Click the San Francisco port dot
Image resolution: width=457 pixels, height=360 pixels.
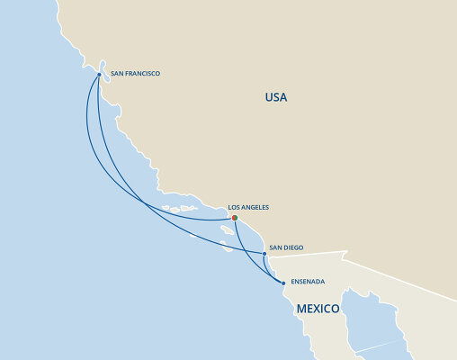click(x=98, y=75)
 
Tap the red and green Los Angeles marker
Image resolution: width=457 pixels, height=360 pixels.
click(x=234, y=217)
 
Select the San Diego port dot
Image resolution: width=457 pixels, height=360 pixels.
click(x=264, y=254)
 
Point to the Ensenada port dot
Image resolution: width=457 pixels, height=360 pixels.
click(x=283, y=283)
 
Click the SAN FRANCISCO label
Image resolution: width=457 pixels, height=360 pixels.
click(x=135, y=74)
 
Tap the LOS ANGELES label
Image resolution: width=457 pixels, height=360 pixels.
click(x=248, y=207)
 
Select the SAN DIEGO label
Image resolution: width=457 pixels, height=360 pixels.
click(x=289, y=247)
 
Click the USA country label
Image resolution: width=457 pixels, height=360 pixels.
click(x=276, y=97)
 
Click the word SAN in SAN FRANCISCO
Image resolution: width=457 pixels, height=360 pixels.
click(x=116, y=74)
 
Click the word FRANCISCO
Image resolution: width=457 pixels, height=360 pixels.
click(x=142, y=74)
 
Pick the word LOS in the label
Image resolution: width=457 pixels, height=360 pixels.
click(x=234, y=207)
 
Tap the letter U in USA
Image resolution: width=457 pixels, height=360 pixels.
click(x=268, y=97)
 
